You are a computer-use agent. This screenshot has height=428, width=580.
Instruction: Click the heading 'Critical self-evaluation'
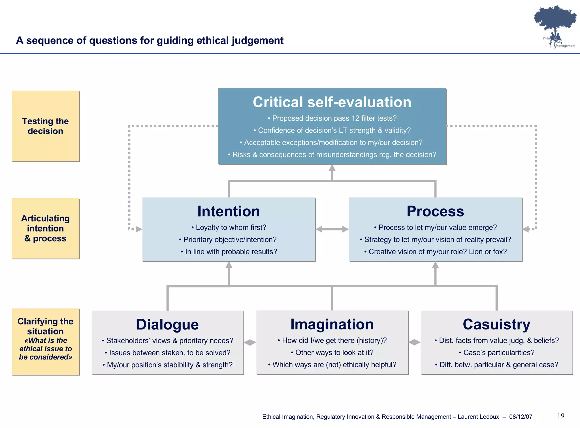(x=332, y=102)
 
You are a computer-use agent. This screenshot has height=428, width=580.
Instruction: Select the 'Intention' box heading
(x=229, y=211)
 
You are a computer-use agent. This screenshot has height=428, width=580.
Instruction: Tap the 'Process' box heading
(x=435, y=211)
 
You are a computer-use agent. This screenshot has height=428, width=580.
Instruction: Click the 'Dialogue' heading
(x=167, y=324)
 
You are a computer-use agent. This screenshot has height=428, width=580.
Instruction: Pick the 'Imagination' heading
(x=332, y=324)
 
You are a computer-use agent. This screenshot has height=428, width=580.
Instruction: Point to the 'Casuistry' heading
(x=496, y=324)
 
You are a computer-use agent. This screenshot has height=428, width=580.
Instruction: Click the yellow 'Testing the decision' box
(x=46, y=126)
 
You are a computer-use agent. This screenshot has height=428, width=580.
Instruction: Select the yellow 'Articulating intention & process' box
(x=46, y=228)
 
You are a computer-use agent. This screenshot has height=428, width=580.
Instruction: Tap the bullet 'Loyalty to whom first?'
(x=229, y=228)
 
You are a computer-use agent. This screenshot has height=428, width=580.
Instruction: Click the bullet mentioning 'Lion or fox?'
(x=436, y=252)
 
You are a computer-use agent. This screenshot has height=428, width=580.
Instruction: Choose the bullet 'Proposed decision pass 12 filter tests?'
(x=332, y=118)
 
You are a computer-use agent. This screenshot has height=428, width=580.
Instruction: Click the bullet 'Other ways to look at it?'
(x=332, y=352)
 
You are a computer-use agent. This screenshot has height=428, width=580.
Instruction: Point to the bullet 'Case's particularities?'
(x=496, y=352)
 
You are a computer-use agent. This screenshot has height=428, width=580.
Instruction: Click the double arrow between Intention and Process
(x=332, y=229)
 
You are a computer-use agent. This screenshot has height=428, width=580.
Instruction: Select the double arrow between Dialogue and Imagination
(x=250, y=343)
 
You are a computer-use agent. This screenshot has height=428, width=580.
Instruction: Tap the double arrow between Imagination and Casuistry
(x=414, y=342)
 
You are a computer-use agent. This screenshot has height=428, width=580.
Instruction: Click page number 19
(x=561, y=416)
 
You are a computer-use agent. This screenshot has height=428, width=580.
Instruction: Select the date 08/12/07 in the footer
(x=521, y=417)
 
